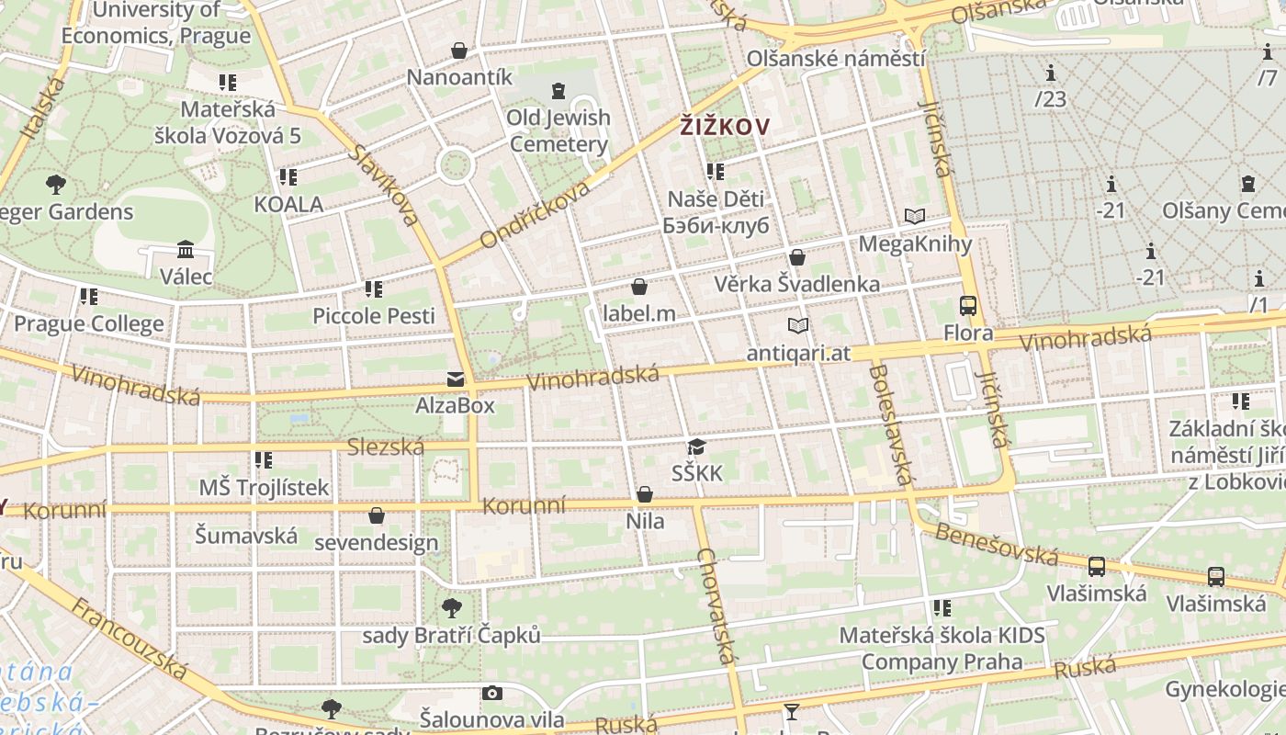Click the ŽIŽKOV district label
point(724,127)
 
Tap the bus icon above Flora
point(967,306)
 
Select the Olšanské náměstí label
point(835,59)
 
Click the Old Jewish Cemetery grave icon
point(558,90)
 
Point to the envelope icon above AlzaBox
point(455,379)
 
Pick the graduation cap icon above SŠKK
point(696,447)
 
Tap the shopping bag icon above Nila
point(645,495)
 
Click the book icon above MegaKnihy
point(914,217)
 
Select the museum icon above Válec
point(186,250)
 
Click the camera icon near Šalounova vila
point(492,694)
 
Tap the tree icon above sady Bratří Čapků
point(451,607)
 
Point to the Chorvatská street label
point(716,606)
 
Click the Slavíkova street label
point(384,183)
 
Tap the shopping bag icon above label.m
point(639,288)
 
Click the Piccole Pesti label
point(374,316)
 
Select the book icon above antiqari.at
point(798,326)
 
